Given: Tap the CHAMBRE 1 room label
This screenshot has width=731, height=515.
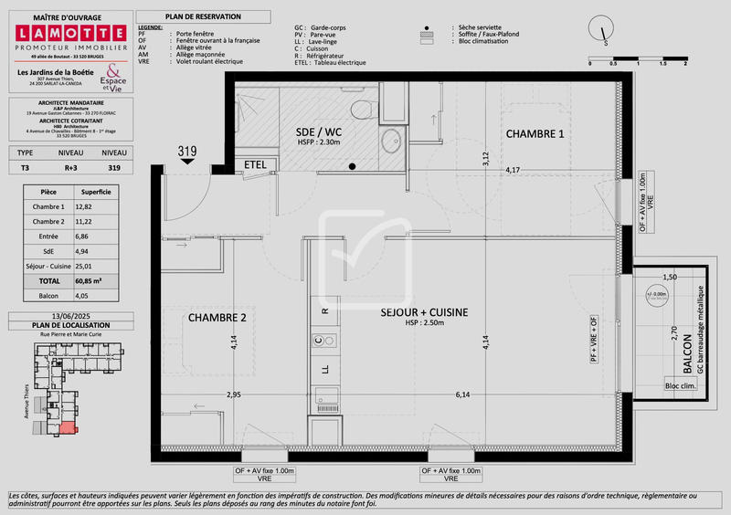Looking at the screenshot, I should tap(535, 134).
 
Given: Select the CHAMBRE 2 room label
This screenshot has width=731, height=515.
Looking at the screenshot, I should tap(217, 318).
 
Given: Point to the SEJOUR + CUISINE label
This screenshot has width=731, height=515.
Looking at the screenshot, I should tap(424, 312).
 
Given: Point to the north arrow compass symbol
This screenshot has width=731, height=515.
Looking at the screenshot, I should tap(603, 30).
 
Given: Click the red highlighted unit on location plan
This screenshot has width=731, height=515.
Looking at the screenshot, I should tap(69, 428).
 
